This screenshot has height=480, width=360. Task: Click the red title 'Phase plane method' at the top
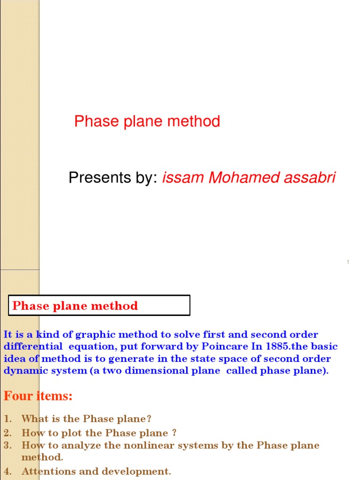(x=147, y=122)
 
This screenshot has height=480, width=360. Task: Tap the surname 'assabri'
(x=307, y=178)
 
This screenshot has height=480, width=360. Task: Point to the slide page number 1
(x=348, y=262)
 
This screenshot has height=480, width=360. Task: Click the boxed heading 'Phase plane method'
(x=75, y=306)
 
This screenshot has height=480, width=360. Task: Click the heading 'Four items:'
(x=38, y=396)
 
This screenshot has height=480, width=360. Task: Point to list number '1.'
(x=7, y=419)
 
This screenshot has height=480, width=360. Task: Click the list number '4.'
(x=7, y=471)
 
